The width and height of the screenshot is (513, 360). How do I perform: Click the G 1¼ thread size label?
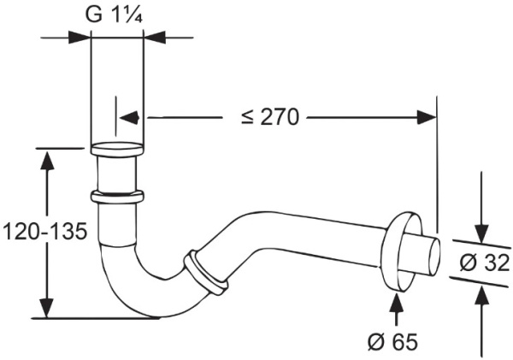click(x=114, y=15)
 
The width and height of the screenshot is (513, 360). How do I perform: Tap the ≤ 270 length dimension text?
click(x=270, y=117)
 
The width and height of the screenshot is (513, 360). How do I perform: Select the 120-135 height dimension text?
click(x=44, y=232)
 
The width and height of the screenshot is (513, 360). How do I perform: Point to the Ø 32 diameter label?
click(x=485, y=263)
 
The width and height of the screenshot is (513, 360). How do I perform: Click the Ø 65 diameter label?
click(x=393, y=342)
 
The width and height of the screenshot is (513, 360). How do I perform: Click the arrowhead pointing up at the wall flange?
click(x=397, y=302)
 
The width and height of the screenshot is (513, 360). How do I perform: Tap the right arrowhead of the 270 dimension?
click(x=427, y=117)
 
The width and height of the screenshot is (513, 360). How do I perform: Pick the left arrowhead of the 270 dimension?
click(x=130, y=117)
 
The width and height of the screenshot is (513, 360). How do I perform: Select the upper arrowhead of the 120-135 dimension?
click(x=48, y=159)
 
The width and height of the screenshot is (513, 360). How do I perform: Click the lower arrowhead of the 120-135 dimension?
click(x=48, y=308)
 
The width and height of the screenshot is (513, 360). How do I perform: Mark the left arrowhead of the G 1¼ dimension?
click(x=80, y=38)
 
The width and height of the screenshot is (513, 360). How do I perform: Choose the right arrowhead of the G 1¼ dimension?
click(x=155, y=38)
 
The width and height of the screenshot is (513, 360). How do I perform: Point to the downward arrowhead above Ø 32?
click(x=481, y=234)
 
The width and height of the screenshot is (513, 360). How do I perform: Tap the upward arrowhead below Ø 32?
click(x=482, y=296)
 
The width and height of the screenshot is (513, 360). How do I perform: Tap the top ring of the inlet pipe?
click(x=117, y=150)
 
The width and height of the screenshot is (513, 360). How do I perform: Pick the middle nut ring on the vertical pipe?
click(x=117, y=197)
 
